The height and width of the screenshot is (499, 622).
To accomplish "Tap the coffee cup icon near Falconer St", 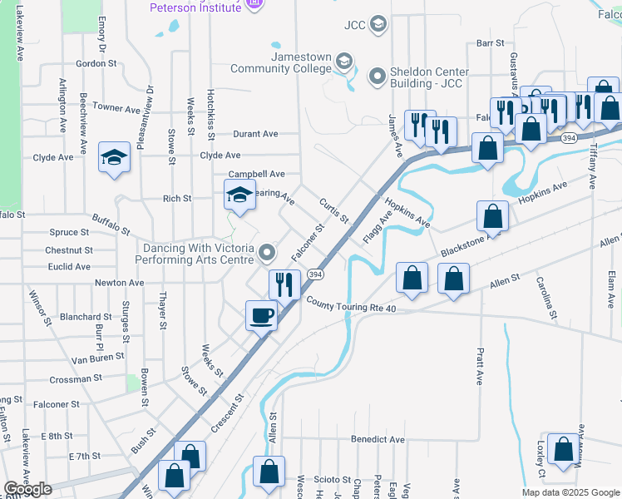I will [262, 315].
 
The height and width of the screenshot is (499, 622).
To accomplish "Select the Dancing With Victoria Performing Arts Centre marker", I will [266, 251].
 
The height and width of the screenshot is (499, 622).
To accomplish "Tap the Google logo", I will [27, 489].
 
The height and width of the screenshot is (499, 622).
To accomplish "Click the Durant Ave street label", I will [255, 133].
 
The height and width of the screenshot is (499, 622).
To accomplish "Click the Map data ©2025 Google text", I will [570, 492].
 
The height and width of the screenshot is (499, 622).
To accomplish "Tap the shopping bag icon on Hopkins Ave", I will [492, 216].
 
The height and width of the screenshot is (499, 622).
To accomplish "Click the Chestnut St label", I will [69, 249].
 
